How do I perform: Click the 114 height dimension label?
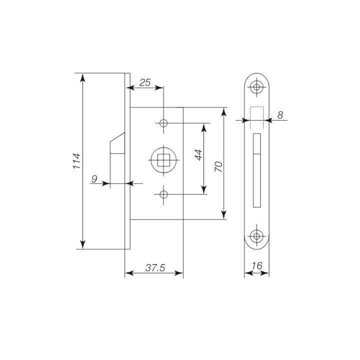tap(77, 161)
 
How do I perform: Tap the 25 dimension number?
tap(145, 82)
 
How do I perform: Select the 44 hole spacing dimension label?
tap(198, 154)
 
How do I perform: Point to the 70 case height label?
tap(218, 166)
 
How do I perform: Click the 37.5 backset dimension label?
tap(155, 267)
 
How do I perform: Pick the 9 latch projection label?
tap(94, 178)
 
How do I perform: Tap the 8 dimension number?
tap(280, 115)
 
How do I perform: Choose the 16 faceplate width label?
tap(257, 266)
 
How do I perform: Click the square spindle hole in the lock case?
tap(163, 160)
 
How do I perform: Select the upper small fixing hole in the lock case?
tap(163, 123)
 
